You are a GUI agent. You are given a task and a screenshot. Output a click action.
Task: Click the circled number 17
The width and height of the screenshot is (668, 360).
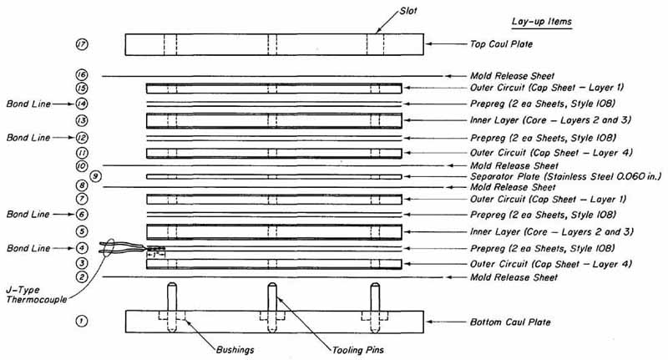82,44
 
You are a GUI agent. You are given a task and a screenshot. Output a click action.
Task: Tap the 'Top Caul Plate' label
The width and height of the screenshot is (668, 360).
501,44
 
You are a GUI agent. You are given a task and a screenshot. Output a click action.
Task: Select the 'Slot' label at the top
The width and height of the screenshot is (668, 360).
408,11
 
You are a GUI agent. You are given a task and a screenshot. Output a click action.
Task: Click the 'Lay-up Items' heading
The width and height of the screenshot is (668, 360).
541,22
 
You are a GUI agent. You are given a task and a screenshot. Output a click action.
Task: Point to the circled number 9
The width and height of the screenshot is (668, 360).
96,176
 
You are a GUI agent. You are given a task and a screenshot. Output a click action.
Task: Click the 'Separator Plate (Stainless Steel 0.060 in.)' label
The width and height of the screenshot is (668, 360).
566,176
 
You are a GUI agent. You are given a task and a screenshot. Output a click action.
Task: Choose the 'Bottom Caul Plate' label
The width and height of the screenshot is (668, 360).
510,322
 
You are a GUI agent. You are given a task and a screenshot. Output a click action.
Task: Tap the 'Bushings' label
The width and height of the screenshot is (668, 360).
235,350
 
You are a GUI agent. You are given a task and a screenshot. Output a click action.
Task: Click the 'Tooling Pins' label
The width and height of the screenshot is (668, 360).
358,350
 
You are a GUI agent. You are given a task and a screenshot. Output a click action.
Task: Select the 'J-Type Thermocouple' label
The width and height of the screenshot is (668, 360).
36,295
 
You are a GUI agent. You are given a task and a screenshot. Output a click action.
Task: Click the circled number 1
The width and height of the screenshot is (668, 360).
82,321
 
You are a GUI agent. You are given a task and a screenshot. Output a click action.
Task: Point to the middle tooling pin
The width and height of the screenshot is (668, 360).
272,307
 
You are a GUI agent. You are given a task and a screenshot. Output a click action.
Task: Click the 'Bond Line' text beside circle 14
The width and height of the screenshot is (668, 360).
28,104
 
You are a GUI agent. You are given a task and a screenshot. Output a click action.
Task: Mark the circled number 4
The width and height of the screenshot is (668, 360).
82,248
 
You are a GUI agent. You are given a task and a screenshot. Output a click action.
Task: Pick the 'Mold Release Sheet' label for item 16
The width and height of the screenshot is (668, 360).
512,76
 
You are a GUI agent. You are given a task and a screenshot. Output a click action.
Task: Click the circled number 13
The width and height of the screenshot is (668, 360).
82,120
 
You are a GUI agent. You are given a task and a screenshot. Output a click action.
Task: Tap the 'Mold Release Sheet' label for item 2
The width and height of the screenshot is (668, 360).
514,277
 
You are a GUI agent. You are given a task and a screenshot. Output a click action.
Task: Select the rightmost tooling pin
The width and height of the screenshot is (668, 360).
375,307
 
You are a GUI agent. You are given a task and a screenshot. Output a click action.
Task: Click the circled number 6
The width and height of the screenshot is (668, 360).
82,215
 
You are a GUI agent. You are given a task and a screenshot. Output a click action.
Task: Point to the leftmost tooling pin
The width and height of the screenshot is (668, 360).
172,307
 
